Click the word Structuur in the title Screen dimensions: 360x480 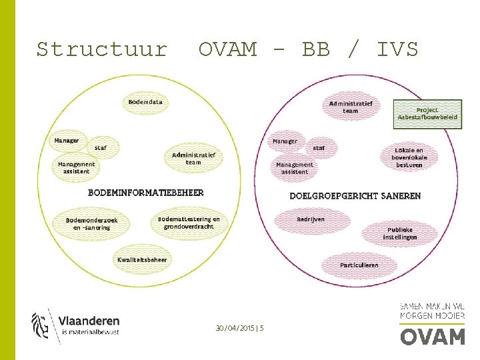(x=101, y=49)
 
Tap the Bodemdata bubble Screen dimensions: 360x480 (x=145, y=103)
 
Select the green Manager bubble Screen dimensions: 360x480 (x=67, y=141)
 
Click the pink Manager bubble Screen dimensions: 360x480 (x=285, y=141)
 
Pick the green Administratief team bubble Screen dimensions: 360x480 (x=193, y=159)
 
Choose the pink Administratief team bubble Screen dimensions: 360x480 (x=351, y=107)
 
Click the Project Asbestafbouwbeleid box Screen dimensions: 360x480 (x=427, y=114)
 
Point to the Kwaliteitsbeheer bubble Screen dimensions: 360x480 (x=142, y=259)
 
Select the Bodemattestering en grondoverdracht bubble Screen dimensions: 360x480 (x=189, y=223)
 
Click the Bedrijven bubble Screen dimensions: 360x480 (x=311, y=219)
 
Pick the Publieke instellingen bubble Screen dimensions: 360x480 (x=400, y=233)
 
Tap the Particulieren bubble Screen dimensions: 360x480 (x=359, y=265)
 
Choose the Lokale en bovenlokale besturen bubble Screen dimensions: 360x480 (x=409, y=158)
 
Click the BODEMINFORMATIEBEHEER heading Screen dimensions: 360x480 (x=146, y=193)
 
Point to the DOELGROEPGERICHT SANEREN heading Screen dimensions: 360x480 (x=355, y=196)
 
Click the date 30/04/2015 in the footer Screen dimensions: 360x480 (x=236, y=328)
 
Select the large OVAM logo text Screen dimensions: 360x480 (x=432, y=335)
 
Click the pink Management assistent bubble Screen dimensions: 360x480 (x=295, y=168)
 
